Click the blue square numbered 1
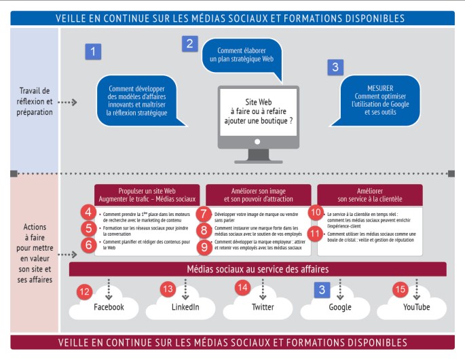click(x=93, y=50)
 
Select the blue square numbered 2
click(x=189, y=44)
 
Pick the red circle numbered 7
click(x=202, y=213)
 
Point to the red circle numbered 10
click(x=316, y=213)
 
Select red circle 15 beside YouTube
click(x=401, y=290)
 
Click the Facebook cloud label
click(x=109, y=307)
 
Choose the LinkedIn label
click(x=185, y=307)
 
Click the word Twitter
click(x=263, y=307)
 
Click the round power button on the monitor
click(x=257, y=141)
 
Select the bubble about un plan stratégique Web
click(x=241, y=55)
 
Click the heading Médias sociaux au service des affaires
click(x=257, y=269)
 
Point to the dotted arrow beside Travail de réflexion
click(x=67, y=103)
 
